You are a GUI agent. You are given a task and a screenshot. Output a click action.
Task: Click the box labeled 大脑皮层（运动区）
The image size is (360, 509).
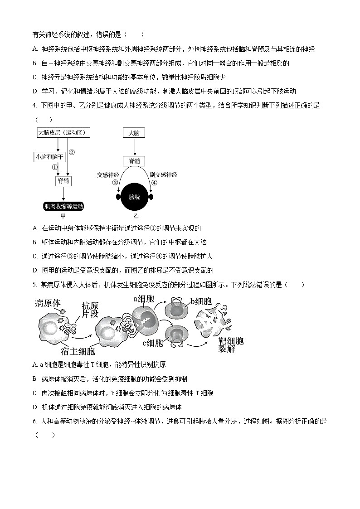tap(63, 133)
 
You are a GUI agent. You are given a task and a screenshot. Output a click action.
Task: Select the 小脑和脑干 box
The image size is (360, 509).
tap(50, 156)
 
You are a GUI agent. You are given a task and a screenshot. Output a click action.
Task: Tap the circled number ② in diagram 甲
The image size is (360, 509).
tap(71, 152)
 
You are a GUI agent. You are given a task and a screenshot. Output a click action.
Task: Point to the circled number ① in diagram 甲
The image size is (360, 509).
tap(55, 167)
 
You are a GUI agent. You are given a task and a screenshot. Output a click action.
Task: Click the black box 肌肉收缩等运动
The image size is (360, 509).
tap(63, 206)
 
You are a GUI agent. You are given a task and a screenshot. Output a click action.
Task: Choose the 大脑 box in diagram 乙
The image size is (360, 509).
tap(134, 133)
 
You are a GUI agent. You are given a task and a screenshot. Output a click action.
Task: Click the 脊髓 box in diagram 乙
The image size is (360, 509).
tap(134, 160)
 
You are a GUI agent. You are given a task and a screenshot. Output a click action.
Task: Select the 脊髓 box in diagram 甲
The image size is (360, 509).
tap(63, 181)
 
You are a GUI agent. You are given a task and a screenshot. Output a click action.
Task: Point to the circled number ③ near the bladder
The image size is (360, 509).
tap(115, 182)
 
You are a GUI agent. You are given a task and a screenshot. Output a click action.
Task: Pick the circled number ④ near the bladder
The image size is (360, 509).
tap(154, 182)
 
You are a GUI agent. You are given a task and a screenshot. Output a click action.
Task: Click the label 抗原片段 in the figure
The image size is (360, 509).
tap(90, 310)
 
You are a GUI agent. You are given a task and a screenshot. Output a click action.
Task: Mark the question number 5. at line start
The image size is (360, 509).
tap(35, 285)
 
